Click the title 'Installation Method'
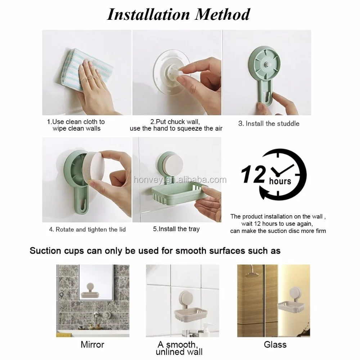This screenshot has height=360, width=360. point(179,14)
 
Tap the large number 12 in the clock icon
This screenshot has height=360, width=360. point(254,175)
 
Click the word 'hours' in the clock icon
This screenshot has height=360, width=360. point(280,180)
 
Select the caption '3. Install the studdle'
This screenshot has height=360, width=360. point(269,123)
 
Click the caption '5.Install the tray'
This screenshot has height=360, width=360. point(176,229)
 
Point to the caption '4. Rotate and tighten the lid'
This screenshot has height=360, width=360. point(87,229)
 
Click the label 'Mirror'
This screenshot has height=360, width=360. point(93,345)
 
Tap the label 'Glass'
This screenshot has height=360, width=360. point(275,345)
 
